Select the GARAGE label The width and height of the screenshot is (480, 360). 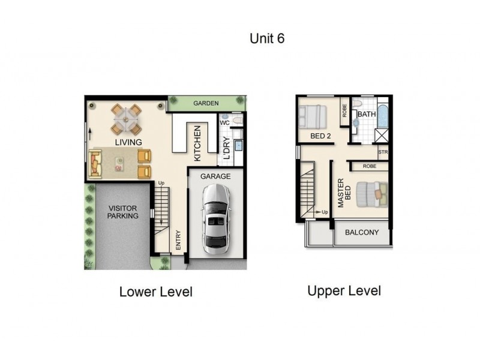[x=216, y=177]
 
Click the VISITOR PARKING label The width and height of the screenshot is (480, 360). [x=123, y=212]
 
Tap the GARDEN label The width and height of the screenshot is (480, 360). [x=205, y=103]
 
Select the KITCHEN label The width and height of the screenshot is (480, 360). [x=197, y=143]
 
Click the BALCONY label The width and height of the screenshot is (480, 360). [x=362, y=232]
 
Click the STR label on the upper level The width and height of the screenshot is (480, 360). [x=383, y=152]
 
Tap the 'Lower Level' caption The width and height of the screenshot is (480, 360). [x=155, y=292]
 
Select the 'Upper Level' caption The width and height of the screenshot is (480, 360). [x=344, y=291]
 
